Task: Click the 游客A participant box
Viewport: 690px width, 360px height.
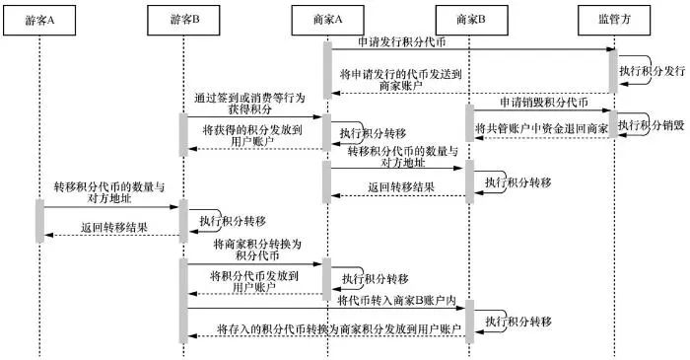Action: (x=40, y=19)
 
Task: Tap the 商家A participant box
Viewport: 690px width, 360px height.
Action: (x=327, y=19)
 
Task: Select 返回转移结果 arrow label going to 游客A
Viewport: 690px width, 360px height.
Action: (x=108, y=227)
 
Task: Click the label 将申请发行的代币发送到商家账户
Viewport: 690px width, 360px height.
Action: (x=400, y=80)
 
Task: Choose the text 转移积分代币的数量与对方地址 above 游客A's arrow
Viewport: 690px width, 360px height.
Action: (x=107, y=191)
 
